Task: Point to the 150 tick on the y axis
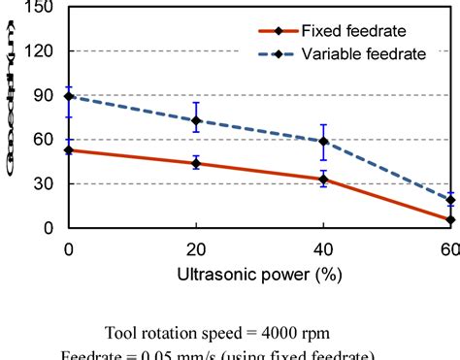[x=44, y=7]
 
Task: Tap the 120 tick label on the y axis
[x=44, y=50]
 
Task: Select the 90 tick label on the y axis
[x=48, y=95]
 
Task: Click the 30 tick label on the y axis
[x=48, y=183]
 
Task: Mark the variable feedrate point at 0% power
[x=69, y=96]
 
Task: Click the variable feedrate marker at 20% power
[x=196, y=121]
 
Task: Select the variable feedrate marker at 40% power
[x=323, y=142]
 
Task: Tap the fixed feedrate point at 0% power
[x=69, y=149]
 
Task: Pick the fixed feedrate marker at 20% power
[x=196, y=163]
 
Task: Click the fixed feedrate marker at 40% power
[x=323, y=179]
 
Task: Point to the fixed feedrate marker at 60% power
[x=449, y=220]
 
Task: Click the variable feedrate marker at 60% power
[x=449, y=200]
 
